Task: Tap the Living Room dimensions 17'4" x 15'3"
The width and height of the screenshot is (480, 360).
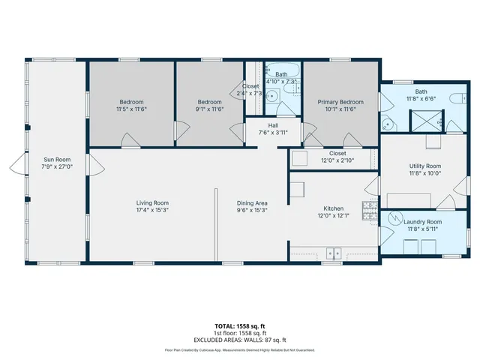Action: [x=152, y=211]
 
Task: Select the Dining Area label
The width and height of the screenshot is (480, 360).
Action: [x=252, y=203]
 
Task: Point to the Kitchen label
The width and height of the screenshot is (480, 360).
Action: [x=333, y=208]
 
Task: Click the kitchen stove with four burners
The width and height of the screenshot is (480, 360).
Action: [x=369, y=211]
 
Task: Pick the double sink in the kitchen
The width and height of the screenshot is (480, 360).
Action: [x=334, y=253]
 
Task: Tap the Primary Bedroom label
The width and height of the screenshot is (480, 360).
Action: [x=340, y=102]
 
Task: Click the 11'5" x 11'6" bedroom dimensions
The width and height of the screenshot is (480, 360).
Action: [x=131, y=109]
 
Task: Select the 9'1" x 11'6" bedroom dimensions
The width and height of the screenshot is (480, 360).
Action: [x=210, y=109]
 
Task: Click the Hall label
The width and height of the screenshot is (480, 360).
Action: [x=274, y=125]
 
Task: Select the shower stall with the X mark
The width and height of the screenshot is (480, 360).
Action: [x=423, y=121]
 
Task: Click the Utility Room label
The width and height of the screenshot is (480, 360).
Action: [x=424, y=165]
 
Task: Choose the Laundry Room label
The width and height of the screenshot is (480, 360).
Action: [x=424, y=222]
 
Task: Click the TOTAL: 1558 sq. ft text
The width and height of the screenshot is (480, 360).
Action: [x=240, y=326]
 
